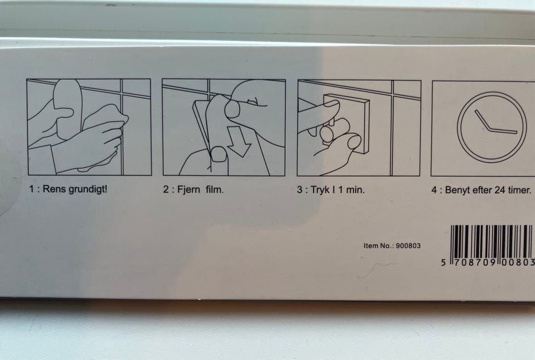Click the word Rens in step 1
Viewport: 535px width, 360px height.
pyautogui.click(x=54, y=189)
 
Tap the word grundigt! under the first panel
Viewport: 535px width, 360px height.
pyautogui.click(x=87, y=189)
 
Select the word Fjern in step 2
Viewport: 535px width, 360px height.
pyautogui.click(x=189, y=189)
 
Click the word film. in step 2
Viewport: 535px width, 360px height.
pyautogui.click(x=215, y=189)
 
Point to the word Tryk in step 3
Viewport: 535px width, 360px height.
pyautogui.click(x=320, y=190)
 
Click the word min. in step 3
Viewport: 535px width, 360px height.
pyautogui.click(x=356, y=189)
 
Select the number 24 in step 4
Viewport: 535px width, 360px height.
pyautogui.click(x=500, y=190)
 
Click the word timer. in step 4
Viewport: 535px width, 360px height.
pyautogui.click(x=519, y=190)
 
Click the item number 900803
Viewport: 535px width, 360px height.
pyautogui.click(x=408, y=246)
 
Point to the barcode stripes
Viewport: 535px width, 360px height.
pyautogui.click(x=492, y=242)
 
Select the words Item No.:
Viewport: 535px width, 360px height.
pyautogui.click(x=379, y=246)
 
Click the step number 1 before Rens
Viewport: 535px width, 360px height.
pyautogui.click(x=31, y=189)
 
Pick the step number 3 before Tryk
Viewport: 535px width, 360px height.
pyautogui.click(x=299, y=190)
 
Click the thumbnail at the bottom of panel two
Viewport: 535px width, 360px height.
pyautogui.click(x=218, y=154)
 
